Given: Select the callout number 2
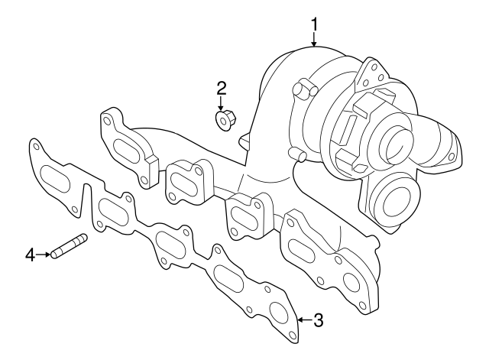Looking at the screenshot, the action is (x=221, y=88).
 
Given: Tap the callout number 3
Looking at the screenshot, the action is (x=319, y=320).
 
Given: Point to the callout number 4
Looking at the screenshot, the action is (x=31, y=254).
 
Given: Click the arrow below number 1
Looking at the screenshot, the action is (x=314, y=42).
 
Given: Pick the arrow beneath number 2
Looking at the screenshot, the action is (x=221, y=104).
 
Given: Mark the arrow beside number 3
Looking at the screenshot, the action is (x=303, y=319).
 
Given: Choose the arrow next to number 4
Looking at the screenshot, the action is (x=44, y=254).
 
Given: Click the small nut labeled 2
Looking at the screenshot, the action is (x=223, y=120).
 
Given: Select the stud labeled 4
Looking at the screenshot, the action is (x=70, y=246).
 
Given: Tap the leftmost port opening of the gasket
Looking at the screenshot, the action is (x=54, y=180).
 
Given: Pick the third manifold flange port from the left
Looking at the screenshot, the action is (x=245, y=216).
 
